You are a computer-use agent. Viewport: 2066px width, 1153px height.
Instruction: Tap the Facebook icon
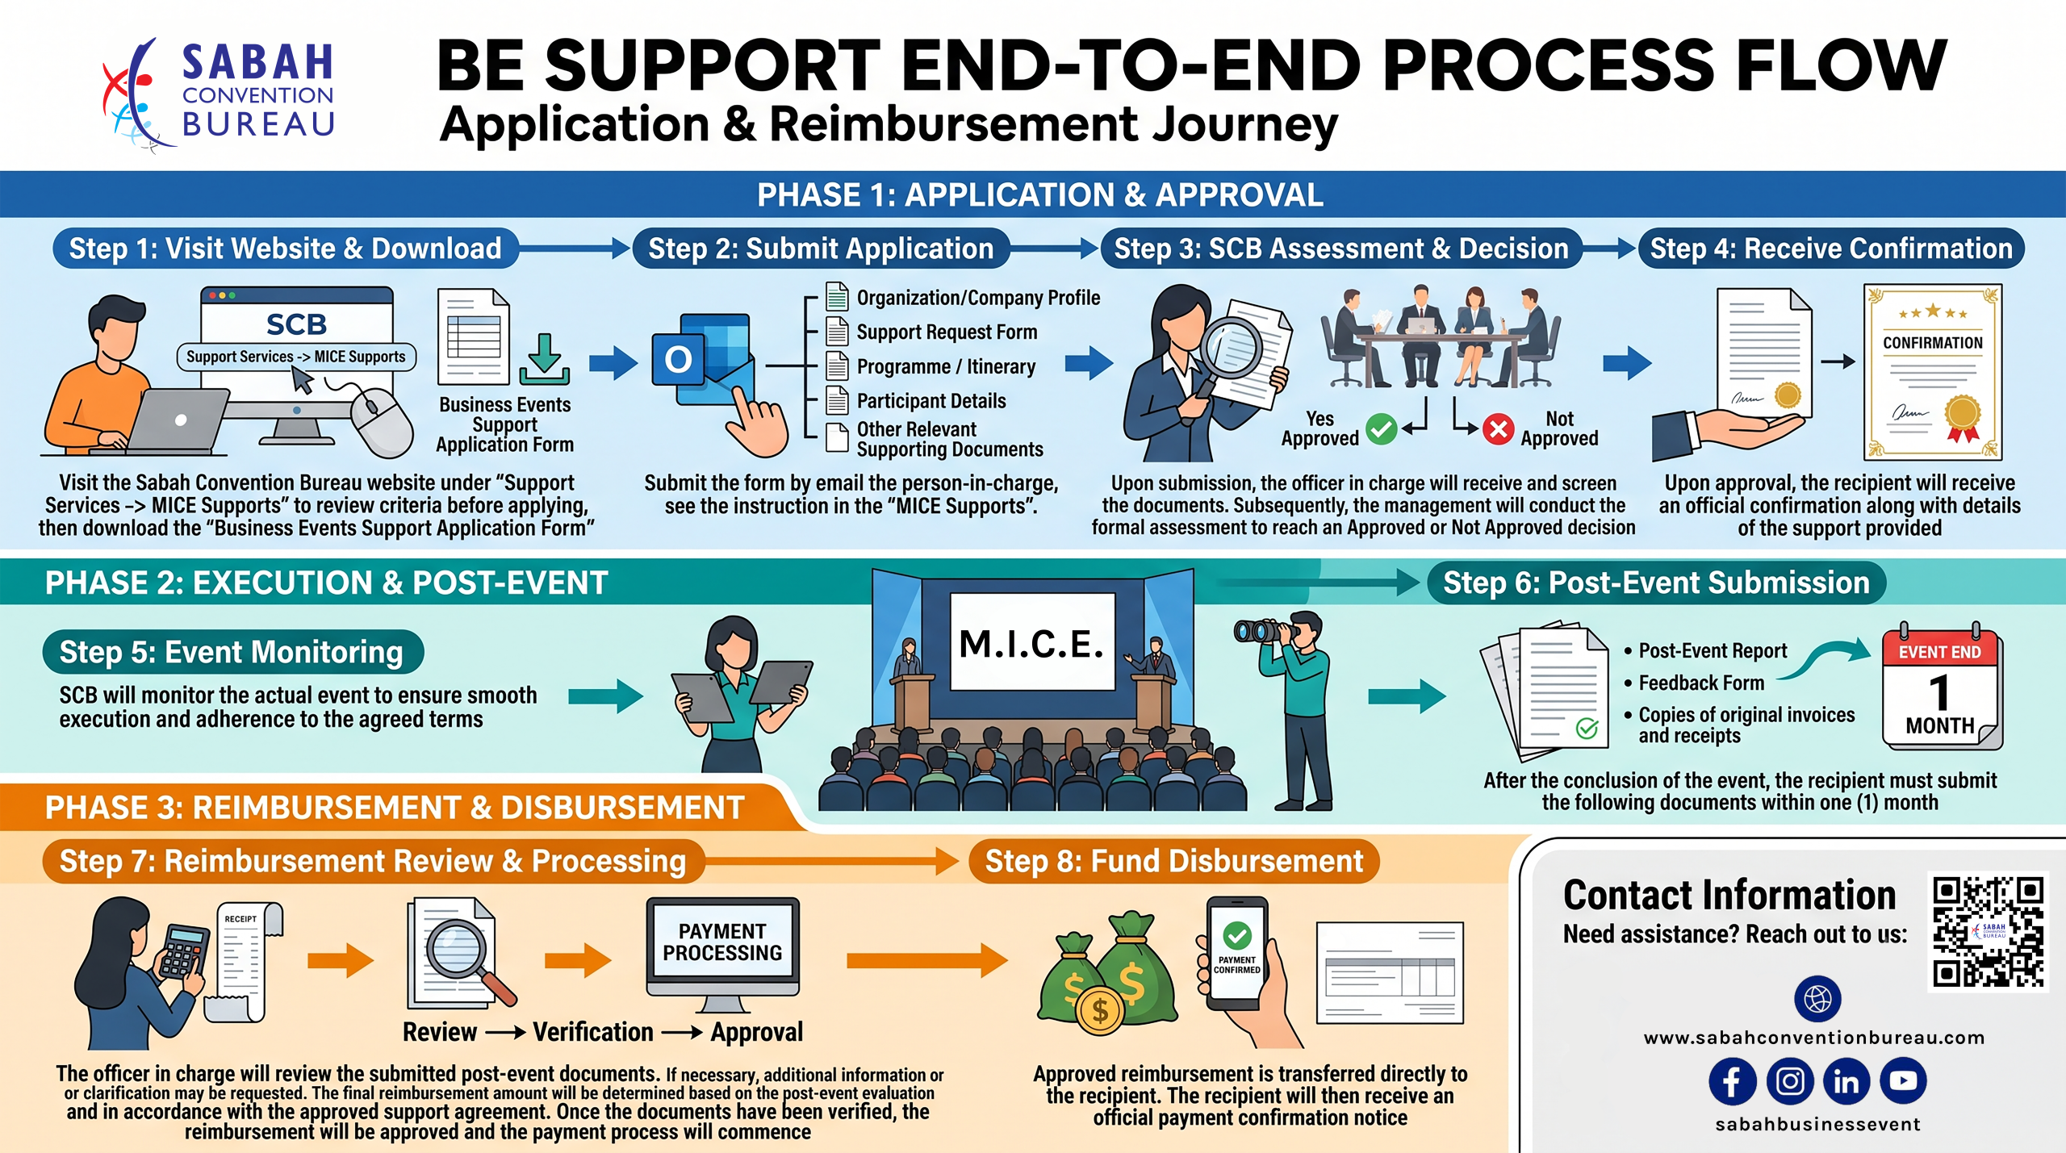coord(1732,1081)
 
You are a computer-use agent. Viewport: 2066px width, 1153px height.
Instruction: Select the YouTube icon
coord(1903,1081)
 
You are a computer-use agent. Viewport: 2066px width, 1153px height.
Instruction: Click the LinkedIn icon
coord(1846,1081)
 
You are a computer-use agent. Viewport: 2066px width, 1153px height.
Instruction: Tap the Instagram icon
coord(1789,1081)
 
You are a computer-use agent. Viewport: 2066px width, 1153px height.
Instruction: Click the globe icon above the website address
coord(1817,999)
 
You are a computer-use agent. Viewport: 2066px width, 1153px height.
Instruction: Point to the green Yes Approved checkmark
coord(1381,428)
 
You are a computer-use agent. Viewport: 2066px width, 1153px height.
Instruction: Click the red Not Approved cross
coord(1498,428)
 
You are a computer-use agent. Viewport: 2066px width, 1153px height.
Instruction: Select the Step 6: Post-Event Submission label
coord(1656,583)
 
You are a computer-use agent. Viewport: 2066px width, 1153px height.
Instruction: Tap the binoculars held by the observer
coord(1263,630)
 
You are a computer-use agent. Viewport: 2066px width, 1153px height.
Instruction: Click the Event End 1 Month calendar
coord(1941,687)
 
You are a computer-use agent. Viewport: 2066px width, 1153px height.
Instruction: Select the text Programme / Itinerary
coord(946,367)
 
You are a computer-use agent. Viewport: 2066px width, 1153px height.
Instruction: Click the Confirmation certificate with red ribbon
coord(1932,371)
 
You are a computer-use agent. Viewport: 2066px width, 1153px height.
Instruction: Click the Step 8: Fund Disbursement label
coord(1174,861)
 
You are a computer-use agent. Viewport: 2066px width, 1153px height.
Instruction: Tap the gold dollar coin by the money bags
coord(1099,1009)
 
